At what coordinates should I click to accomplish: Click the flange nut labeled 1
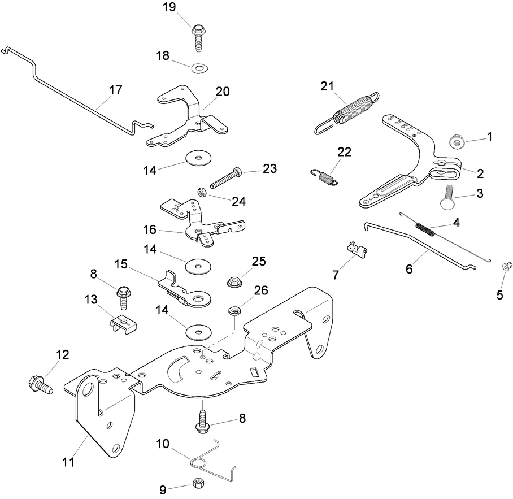[457, 141]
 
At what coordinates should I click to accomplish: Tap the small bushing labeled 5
[506, 265]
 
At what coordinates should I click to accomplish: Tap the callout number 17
[115, 90]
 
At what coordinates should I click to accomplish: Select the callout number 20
[223, 92]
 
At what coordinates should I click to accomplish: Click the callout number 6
[409, 269]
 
